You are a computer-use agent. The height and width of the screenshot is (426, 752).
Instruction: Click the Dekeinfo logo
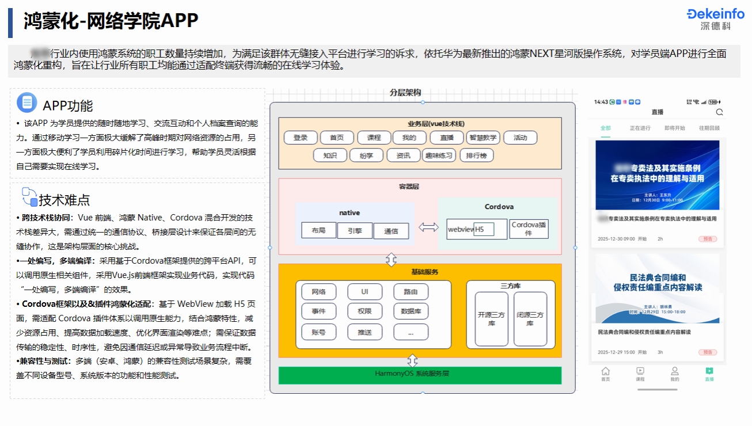(715, 18)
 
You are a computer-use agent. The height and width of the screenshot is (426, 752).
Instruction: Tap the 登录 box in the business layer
(301, 138)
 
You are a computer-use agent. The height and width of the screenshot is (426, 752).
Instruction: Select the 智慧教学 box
(483, 138)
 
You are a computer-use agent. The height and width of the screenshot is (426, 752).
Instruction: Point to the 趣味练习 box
(439, 155)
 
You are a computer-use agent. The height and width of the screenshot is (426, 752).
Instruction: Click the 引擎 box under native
(355, 230)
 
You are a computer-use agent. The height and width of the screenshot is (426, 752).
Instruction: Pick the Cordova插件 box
(529, 229)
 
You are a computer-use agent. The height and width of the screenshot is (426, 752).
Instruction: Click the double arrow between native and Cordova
(428, 227)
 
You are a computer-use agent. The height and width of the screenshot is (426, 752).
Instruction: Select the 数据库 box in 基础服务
(411, 311)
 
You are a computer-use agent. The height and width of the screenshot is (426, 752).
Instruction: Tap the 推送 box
(364, 332)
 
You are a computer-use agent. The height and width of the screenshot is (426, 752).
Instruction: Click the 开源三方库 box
(491, 319)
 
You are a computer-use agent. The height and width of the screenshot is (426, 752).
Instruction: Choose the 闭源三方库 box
(530, 319)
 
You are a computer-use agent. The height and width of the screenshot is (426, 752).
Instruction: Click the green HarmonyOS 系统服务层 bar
(420, 375)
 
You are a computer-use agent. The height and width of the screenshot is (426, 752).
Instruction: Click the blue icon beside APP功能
(26, 102)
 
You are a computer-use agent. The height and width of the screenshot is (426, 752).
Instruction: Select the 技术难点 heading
(64, 200)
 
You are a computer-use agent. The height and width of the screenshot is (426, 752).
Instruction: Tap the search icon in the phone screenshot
(719, 112)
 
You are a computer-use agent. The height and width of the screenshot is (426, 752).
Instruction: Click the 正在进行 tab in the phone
(640, 128)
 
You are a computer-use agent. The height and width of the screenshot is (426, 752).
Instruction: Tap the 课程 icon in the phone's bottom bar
(640, 374)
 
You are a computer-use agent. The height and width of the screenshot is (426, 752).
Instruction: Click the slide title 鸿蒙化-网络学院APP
(111, 21)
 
